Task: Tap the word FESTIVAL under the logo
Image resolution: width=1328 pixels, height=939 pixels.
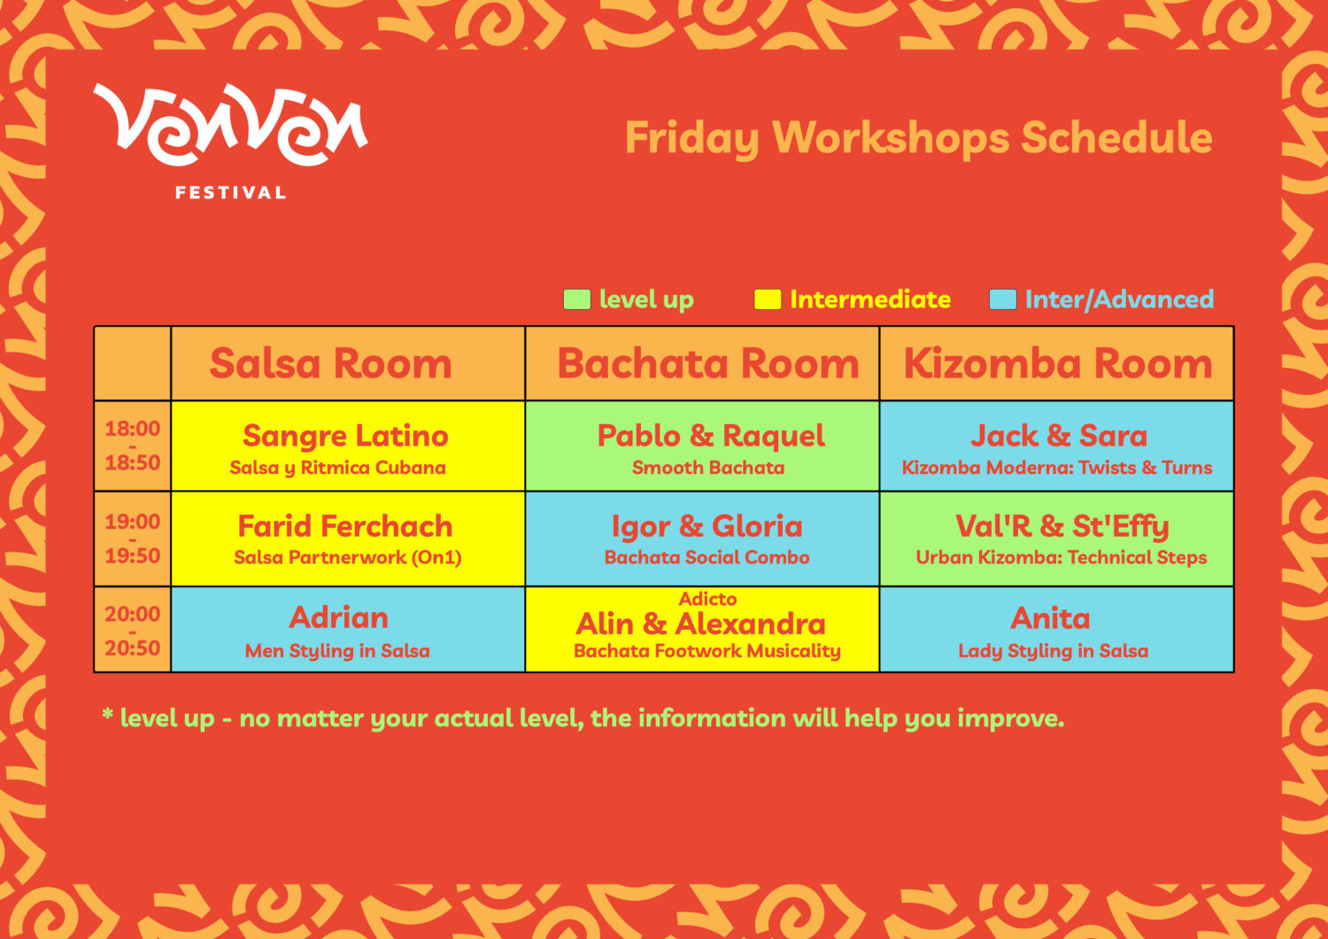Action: point(230,193)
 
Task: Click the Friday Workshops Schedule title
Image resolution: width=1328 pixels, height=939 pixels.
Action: point(918,138)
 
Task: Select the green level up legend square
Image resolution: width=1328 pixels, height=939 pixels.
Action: point(577,299)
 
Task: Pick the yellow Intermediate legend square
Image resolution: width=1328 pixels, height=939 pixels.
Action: point(768,299)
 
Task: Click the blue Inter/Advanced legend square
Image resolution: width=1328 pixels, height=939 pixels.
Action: point(1002,299)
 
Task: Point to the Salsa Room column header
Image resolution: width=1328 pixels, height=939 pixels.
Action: point(330,363)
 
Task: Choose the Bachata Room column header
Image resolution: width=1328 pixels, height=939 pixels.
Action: point(708,363)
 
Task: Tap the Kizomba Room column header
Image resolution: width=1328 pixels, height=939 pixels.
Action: point(1058,363)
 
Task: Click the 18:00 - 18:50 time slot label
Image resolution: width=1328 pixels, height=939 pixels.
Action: point(133,446)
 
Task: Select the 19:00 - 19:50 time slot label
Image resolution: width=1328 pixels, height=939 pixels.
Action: point(133,539)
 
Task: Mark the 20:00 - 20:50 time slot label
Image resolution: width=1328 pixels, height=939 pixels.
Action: point(133,631)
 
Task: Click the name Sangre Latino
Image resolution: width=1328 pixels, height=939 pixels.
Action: point(345,437)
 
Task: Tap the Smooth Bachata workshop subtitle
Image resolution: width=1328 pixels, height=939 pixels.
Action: point(708,468)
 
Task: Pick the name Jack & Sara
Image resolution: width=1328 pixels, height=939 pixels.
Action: point(1058,436)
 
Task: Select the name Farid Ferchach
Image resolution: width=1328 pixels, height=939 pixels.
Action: point(345,526)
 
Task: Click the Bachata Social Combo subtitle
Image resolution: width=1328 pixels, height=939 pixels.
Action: point(706,557)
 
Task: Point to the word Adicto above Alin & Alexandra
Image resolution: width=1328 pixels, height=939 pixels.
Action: point(707,599)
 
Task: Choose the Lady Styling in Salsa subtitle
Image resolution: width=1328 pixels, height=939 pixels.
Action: point(1053,651)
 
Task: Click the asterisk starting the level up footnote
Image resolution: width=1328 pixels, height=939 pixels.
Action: point(107,714)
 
